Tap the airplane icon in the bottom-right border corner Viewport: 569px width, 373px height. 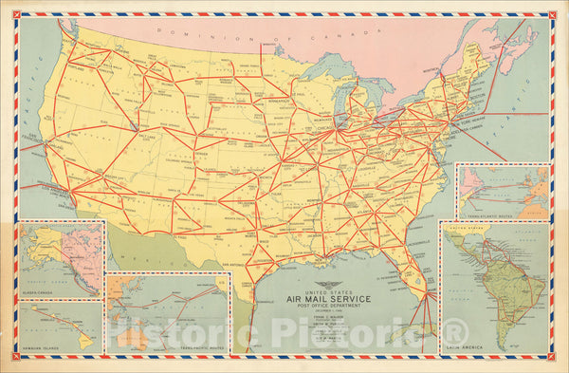pos(551,357)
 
